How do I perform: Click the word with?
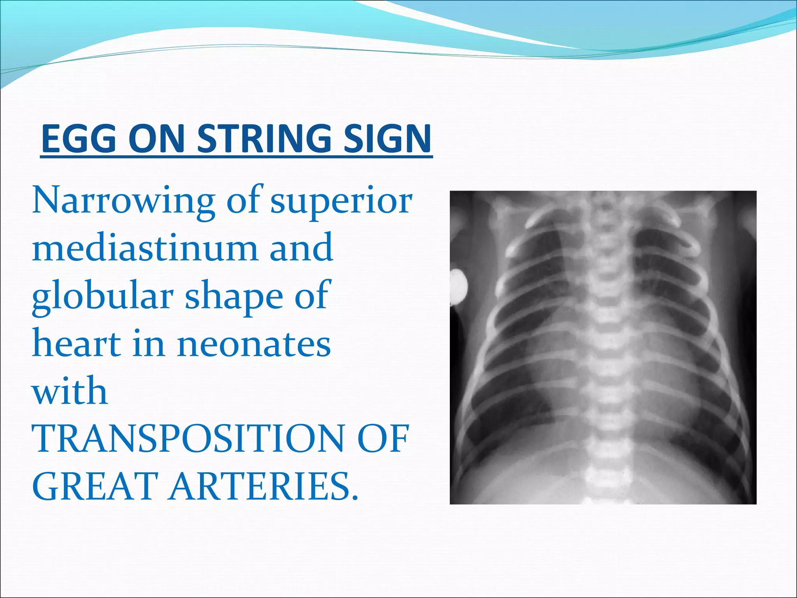[x=69, y=391]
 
